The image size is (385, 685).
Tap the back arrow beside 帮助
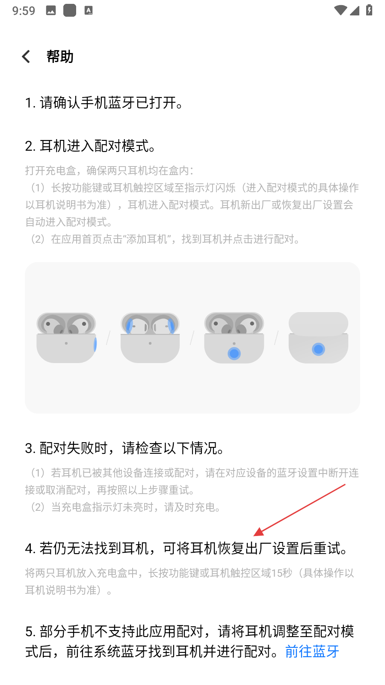click(x=26, y=57)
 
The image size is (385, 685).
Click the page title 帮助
click(x=60, y=57)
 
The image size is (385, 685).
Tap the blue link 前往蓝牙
click(x=312, y=651)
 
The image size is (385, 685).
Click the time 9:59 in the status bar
click(x=24, y=11)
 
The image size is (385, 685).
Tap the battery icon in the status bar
click(x=369, y=10)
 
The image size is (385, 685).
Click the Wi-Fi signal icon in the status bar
click(x=340, y=10)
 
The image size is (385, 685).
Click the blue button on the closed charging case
click(x=318, y=349)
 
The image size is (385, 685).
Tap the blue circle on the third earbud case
click(x=234, y=354)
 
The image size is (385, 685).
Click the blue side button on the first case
click(x=95, y=345)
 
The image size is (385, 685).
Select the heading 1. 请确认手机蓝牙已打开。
click(x=104, y=102)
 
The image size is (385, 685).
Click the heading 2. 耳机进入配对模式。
click(x=91, y=146)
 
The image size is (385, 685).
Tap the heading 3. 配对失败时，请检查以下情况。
click(x=125, y=448)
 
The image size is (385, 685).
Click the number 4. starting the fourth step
click(x=31, y=548)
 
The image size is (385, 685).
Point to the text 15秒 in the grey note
click(x=282, y=573)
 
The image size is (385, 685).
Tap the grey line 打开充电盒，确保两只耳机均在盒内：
click(x=110, y=171)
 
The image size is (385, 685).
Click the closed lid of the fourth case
click(x=318, y=323)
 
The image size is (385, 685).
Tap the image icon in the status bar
click(x=51, y=11)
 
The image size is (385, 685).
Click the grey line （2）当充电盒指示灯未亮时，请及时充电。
click(x=124, y=507)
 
